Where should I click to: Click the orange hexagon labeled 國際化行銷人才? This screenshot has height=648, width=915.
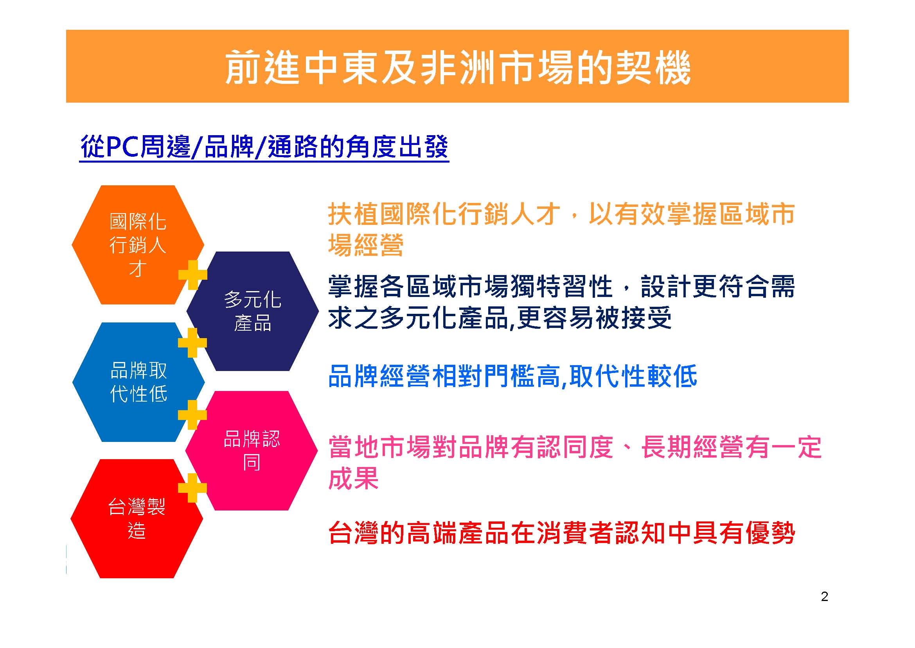[137, 244]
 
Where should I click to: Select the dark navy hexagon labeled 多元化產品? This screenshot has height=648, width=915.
[253, 311]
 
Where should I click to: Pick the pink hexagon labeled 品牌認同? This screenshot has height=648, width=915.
[252, 451]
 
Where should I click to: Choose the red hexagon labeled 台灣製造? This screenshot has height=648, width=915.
[137, 519]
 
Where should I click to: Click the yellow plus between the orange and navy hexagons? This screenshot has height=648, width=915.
[193, 275]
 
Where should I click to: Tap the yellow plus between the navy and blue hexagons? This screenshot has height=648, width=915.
[192, 343]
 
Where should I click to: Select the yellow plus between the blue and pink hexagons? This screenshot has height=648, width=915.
[192, 415]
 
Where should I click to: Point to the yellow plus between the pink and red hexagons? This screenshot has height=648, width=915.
[192, 488]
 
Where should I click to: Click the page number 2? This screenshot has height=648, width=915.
[825, 597]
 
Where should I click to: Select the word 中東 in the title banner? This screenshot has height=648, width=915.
[341, 68]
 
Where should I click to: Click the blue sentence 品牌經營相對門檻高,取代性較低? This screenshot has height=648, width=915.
[512, 376]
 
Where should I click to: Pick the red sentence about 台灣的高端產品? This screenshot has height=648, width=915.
[561, 533]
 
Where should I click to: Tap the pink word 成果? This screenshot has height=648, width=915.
[353, 478]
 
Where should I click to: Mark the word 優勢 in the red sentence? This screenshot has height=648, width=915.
[770, 533]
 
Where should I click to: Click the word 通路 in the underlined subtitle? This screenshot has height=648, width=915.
[293, 147]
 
